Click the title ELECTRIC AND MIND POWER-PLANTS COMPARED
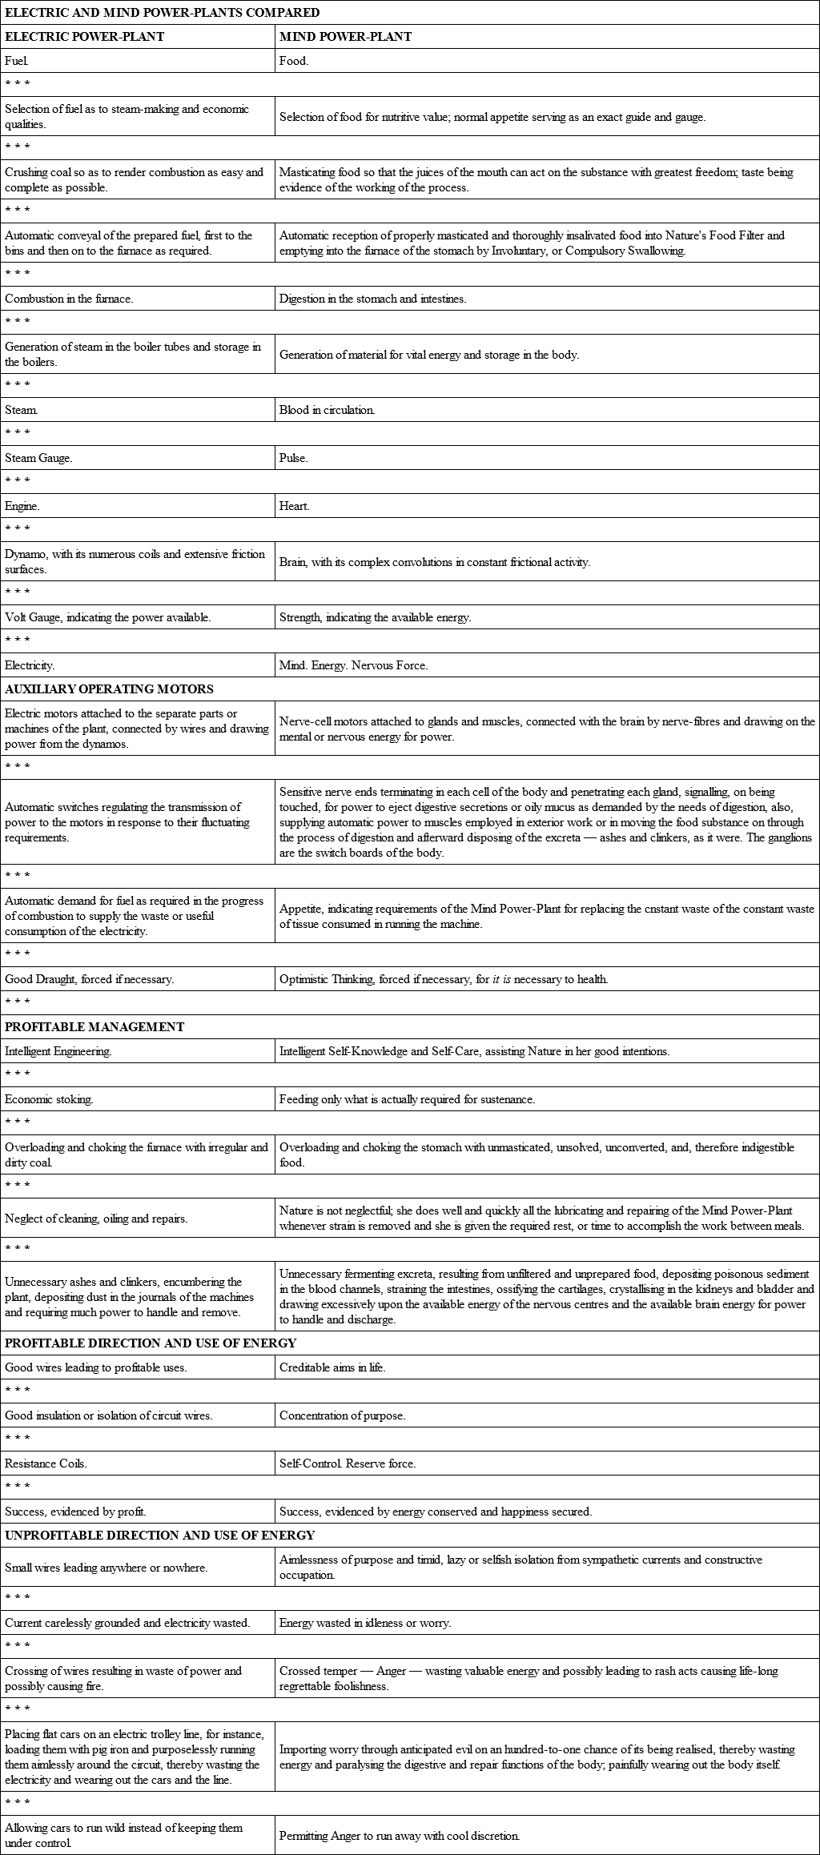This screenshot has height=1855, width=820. pyautogui.click(x=163, y=12)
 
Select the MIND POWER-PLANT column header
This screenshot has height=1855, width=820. pyautogui.click(x=345, y=36)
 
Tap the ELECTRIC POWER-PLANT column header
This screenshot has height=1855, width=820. pyautogui.click(x=84, y=36)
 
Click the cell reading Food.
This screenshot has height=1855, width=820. pyautogui.click(x=294, y=60)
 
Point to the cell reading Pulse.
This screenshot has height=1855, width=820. pyautogui.click(x=294, y=458)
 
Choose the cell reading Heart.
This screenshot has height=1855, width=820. pyautogui.click(x=295, y=506)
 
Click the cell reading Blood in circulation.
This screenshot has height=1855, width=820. pyautogui.click(x=327, y=410)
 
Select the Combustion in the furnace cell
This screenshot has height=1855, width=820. pyautogui.click(x=69, y=299)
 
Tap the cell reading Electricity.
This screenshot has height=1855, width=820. pyautogui.click(x=30, y=665)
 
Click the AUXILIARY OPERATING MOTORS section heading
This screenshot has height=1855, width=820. pyautogui.click(x=109, y=689)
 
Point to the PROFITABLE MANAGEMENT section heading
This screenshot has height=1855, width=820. pyautogui.click(x=94, y=1026)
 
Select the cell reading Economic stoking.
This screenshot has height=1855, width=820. pyautogui.click(x=49, y=1099)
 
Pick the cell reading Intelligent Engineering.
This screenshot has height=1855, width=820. pyautogui.click(x=58, y=1051)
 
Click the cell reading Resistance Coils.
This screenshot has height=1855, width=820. pyautogui.click(x=46, y=1464)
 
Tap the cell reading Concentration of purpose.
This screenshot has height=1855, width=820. pyautogui.click(x=342, y=1415)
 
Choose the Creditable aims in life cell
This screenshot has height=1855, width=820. pyautogui.click(x=332, y=1367)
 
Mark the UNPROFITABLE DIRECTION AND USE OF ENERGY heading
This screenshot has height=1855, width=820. pyautogui.click(x=160, y=1535)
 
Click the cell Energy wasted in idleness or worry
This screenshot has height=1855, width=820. pyautogui.click(x=365, y=1623)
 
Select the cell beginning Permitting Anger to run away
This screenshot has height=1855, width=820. pyautogui.click(x=400, y=1836)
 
